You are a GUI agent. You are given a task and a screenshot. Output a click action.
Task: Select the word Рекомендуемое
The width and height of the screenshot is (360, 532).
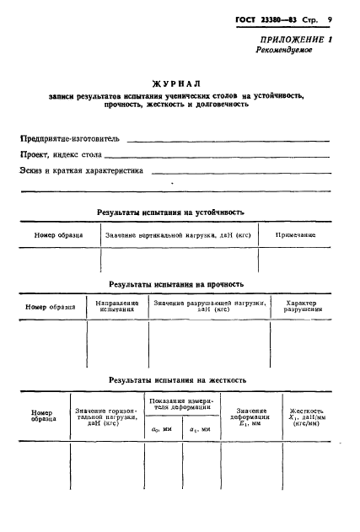284,51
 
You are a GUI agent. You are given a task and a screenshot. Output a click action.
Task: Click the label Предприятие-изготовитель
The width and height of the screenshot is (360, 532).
71,137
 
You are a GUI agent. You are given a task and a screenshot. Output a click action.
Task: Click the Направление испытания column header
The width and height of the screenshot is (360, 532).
117,306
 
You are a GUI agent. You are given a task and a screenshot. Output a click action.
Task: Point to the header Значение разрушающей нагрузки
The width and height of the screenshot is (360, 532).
209,306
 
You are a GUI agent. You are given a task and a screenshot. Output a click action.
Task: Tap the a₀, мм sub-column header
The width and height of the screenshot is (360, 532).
162,429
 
